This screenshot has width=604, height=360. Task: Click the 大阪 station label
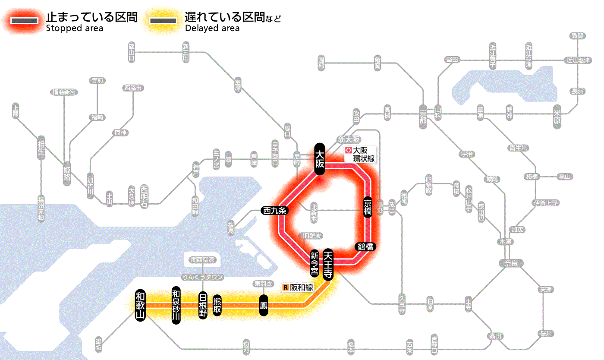pyautogui.click(x=319, y=159)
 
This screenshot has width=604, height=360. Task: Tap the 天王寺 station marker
pyautogui.click(x=328, y=265)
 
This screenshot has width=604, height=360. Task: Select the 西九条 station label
pyautogui.click(x=274, y=211)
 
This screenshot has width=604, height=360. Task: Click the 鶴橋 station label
pyautogui.click(x=365, y=247)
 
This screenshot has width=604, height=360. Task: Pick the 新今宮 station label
pyautogui.click(x=315, y=264)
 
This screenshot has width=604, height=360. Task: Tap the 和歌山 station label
pyautogui.click(x=140, y=305)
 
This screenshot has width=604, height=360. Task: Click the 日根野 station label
pyautogui.click(x=202, y=305)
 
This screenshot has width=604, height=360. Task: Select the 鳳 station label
pyautogui.click(x=264, y=305)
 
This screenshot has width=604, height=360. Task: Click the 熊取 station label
pyautogui.click(x=217, y=305)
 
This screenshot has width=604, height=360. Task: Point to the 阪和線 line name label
pyautogui.click(x=298, y=287)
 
